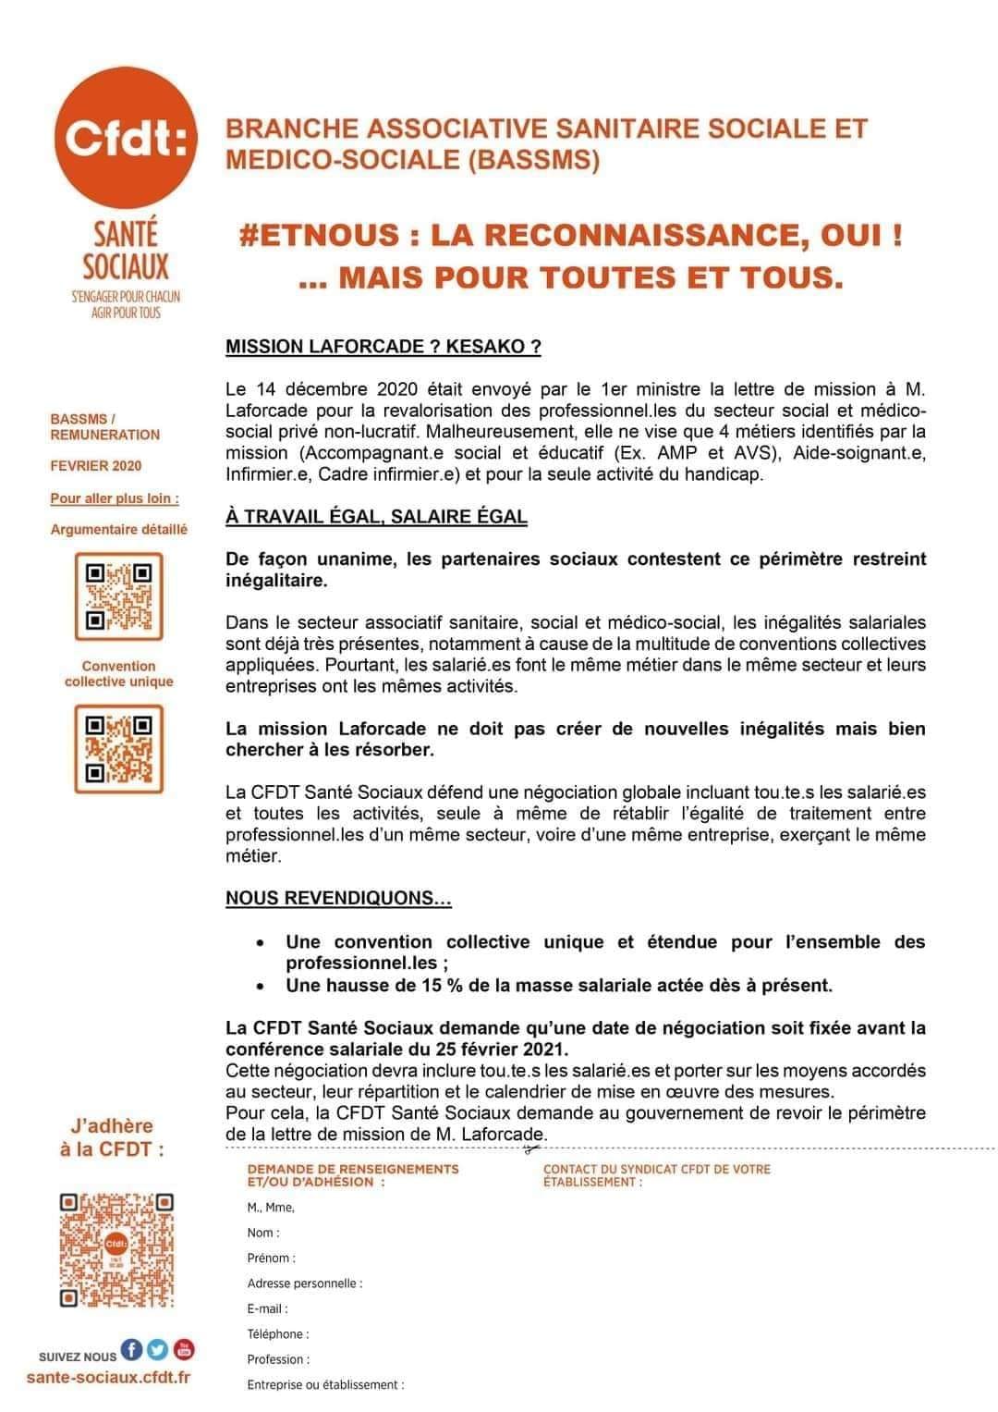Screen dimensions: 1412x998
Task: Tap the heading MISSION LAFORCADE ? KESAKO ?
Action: pyautogui.click(x=383, y=347)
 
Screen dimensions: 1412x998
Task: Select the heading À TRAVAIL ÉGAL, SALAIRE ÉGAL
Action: pyautogui.click(x=376, y=517)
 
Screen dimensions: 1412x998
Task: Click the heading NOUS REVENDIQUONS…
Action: pyautogui.click(x=338, y=898)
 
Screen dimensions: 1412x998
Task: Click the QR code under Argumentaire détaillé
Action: pyautogui.click(x=118, y=596)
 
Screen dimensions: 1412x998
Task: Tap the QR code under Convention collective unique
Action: pyautogui.click(x=118, y=748)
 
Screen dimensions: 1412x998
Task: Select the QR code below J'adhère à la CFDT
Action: pyautogui.click(x=117, y=1249)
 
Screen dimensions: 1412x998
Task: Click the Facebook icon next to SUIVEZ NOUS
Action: pyautogui.click(x=132, y=1350)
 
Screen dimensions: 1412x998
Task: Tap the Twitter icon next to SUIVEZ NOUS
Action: pyautogui.click(x=158, y=1350)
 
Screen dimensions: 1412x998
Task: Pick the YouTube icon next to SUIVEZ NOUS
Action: pyautogui.click(x=184, y=1350)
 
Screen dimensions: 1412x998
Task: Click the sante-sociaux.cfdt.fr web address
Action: pyautogui.click(x=109, y=1378)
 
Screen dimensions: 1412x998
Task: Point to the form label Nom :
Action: pyautogui.click(x=263, y=1233)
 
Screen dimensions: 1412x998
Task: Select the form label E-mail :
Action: pyautogui.click(x=268, y=1308)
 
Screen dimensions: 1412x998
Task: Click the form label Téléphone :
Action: pyautogui.click(x=278, y=1333)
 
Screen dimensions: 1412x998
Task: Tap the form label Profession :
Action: pyautogui.click(x=278, y=1359)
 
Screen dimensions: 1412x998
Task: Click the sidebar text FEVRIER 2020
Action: pyautogui.click(x=96, y=466)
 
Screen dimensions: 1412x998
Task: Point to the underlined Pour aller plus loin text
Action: pyautogui.click(x=115, y=498)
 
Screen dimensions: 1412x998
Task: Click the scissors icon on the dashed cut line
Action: pyautogui.click(x=529, y=1149)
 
